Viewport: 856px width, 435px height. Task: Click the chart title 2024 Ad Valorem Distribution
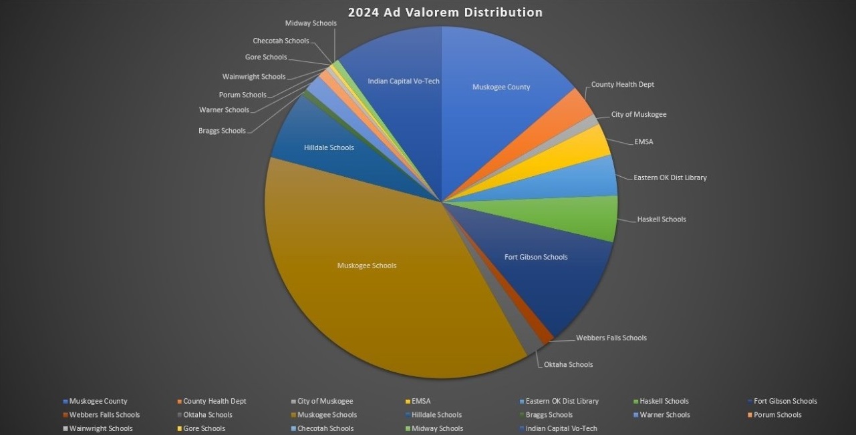pyautogui.click(x=444, y=12)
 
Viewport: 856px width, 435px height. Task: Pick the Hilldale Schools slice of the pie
pyautogui.click(x=329, y=147)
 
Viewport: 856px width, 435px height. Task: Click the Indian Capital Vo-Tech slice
pyautogui.click(x=404, y=81)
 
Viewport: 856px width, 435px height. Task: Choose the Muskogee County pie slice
pyautogui.click(x=501, y=87)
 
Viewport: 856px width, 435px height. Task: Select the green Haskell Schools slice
pyautogui.click(x=588, y=217)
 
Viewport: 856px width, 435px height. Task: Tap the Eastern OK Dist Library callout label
pyautogui.click(x=670, y=177)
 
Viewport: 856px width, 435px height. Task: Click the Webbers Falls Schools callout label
pyautogui.click(x=611, y=338)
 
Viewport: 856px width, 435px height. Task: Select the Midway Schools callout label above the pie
pyautogui.click(x=311, y=23)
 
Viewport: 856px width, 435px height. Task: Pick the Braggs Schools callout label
pyautogui.click(x=222, y=131)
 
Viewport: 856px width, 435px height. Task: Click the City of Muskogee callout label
pyautogui.click(x=638, y=114)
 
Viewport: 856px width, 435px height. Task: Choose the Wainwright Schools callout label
pyautogui.click(x=254, y=77)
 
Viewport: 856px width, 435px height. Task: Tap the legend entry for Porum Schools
pyautogui.click(x=777, y=415)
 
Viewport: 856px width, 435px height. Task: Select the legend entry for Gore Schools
pyautogui.click(x=204, y=428)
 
